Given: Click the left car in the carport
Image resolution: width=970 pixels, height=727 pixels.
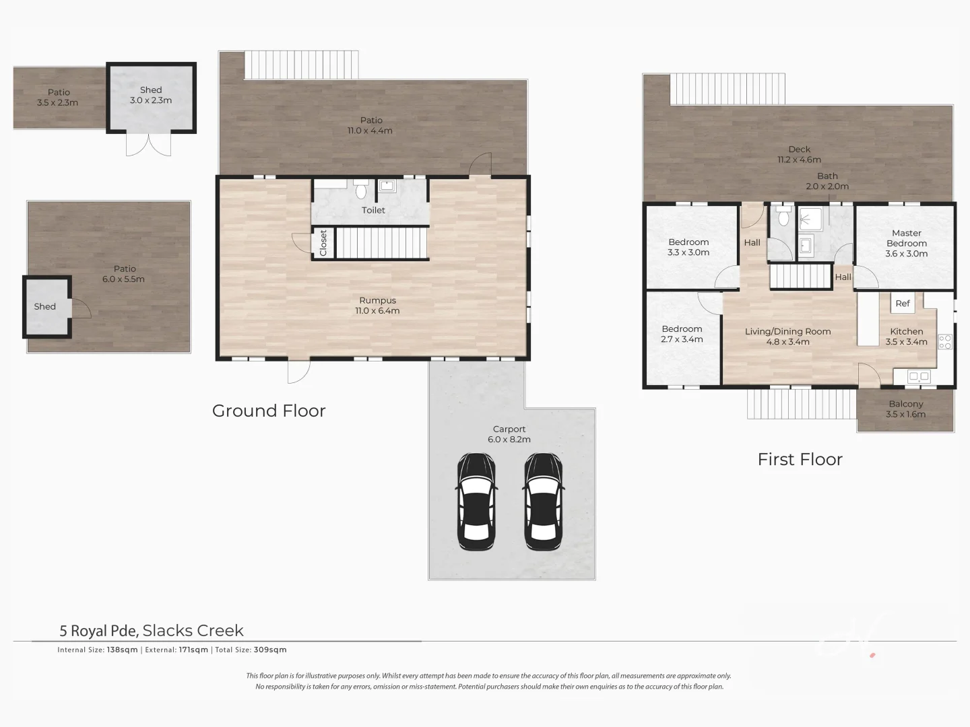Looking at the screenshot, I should (x=476, y=501).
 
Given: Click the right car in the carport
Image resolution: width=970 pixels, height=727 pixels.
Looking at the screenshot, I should (x=543, y=501).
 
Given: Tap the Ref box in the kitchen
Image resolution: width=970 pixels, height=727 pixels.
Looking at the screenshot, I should (x=903, y=304).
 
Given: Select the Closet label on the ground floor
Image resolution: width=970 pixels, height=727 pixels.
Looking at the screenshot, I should (x=323, y=243).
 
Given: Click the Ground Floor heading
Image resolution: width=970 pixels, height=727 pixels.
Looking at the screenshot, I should (x=269, y=411).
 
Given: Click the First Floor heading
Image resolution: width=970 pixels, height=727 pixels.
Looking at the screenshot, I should (x=800, y=459).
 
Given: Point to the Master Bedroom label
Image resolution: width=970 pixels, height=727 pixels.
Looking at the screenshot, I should (x=906, y=243).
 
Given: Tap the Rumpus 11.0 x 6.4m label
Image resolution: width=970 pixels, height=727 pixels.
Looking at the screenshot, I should (x=377, y=306).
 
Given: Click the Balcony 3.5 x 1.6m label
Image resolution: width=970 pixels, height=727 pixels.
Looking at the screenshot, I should (x=905, y=409).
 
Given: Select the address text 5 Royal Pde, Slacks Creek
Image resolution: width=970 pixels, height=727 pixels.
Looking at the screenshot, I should (x=152, y=631).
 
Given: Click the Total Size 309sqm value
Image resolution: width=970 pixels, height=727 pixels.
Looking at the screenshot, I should (x=269, y=650).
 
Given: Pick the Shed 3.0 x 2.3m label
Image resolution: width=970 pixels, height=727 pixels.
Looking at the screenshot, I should (x=151, y=95).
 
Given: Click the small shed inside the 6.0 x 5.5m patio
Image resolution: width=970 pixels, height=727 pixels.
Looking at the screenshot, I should (x=46, y=307).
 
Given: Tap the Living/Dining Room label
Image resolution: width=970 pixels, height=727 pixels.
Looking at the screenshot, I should (x=787, y=337).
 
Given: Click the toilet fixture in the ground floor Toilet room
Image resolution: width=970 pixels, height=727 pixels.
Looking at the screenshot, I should (x=360, y=191).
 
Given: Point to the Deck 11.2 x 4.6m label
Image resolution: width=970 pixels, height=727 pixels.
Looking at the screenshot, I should (x=799, y=154).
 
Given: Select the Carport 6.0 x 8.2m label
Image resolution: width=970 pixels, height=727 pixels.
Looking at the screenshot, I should (x=509, y=434).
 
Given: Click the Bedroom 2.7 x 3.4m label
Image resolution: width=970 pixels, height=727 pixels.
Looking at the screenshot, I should (x=682, y=334).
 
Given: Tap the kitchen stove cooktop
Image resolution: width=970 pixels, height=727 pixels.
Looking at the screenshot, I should (x=946, y=341).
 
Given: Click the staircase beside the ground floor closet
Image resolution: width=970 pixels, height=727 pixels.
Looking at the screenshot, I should (x=381, y=243).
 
